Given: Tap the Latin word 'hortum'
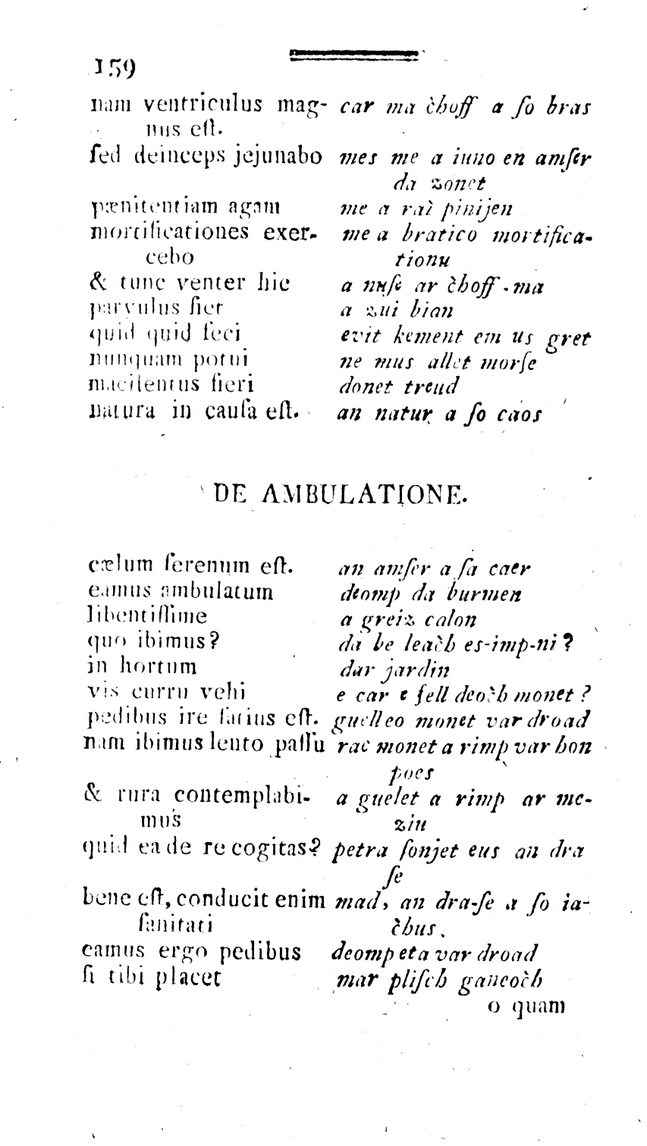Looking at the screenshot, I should click(162, 666).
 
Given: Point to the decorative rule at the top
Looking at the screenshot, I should click(353, 53).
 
